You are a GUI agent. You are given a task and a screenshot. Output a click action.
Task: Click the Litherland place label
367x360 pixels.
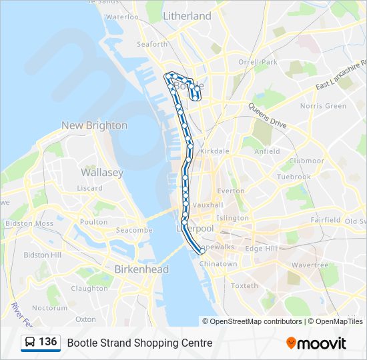(x=187, y=15)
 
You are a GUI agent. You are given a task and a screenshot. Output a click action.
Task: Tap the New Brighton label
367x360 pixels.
(x=94, y=125)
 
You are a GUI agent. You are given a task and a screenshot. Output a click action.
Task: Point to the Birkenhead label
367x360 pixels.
(x=141, y=269)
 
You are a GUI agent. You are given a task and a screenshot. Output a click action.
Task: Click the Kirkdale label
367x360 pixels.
(x=214, y=151)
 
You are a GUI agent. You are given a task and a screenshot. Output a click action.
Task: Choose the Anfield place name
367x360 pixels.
(x=267, y=151)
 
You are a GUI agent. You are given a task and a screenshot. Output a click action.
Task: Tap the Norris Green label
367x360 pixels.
(x=323, y=106)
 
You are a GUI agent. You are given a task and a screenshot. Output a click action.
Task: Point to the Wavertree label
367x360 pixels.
(x=310, y=265)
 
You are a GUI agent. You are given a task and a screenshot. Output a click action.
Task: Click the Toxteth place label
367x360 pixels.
(x=244, y=286)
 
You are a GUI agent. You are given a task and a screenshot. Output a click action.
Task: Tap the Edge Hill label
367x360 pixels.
(x=261, y=248)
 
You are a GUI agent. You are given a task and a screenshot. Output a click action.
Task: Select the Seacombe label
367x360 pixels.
(x=134, y=230)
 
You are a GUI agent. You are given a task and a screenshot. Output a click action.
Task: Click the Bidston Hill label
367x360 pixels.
(x=42, y=255)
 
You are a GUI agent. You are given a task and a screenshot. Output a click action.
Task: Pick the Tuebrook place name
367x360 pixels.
(x=294, y=177)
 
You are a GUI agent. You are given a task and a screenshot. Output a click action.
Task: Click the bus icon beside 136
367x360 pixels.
(x=29, y=343)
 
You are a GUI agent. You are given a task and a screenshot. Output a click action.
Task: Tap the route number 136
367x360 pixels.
(x=47, y=342)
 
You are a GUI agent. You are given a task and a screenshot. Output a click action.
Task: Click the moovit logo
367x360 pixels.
(x=316, y=343)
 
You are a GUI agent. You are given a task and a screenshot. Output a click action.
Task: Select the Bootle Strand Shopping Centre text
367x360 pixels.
(x=139, y=343)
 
